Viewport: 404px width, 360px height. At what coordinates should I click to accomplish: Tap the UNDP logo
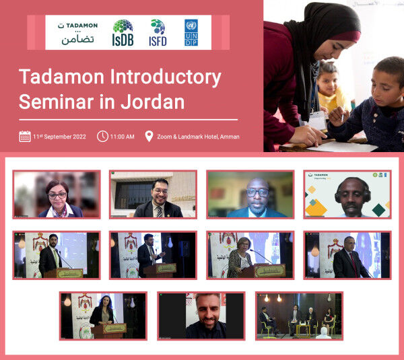click(191, 32)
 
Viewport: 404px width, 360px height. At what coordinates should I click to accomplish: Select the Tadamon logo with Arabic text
click(74, 32)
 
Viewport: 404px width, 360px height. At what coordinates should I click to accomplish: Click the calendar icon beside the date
click(24, 137)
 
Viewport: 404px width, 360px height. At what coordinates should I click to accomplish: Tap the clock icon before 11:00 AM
click(102, 137)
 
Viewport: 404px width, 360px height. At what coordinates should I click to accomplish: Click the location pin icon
click(149, 137)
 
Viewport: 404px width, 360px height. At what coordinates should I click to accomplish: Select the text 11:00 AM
click(123, 137)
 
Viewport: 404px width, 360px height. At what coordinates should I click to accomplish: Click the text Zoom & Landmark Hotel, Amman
click(198, 137)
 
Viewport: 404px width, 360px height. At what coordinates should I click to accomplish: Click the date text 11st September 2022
click(61, 137)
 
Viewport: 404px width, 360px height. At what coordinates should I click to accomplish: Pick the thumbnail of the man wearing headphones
click(347, 194)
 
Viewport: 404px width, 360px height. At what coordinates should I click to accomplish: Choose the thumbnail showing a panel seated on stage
click(299, 315)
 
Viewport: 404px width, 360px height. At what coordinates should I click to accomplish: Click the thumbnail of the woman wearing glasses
click(57, 194)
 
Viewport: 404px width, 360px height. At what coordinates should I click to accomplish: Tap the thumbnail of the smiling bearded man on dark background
click(201, 315)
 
